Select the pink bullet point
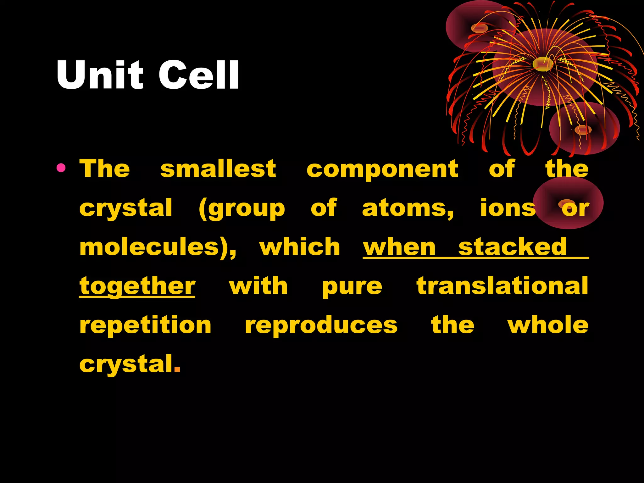61,168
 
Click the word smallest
218,169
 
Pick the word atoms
408,208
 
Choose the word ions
508,208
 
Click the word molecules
157,247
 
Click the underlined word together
137,287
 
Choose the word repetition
145,325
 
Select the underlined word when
399,247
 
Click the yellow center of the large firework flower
543,64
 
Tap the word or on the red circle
575,208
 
